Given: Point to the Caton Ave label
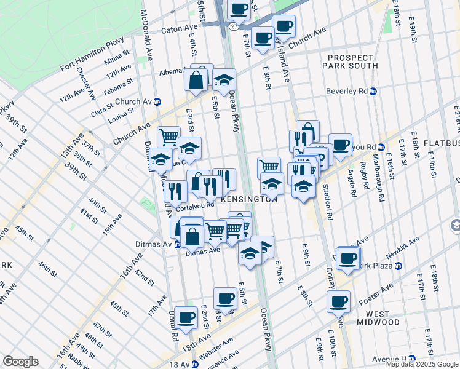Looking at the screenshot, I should coord(179,29).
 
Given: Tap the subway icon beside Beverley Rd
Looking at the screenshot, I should coord(373,91).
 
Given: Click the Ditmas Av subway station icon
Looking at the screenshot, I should coord(178,244).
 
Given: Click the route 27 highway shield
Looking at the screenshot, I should coord(234,27).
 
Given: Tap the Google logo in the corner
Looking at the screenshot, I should coord(20,362).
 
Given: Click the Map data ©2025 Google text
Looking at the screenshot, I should coord(422,364).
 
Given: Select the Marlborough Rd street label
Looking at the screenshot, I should coord(380,173).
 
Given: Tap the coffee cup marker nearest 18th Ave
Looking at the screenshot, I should coord(186,317).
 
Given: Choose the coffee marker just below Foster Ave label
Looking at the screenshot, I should coord(338,301).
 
